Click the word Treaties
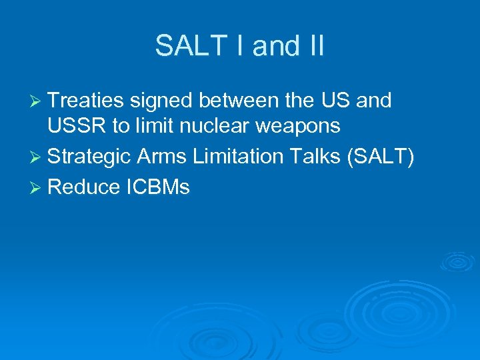(86, 101)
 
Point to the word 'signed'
(161, 101)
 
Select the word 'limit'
(151, 125)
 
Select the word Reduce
(83, 188)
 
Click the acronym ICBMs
(157, 188)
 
